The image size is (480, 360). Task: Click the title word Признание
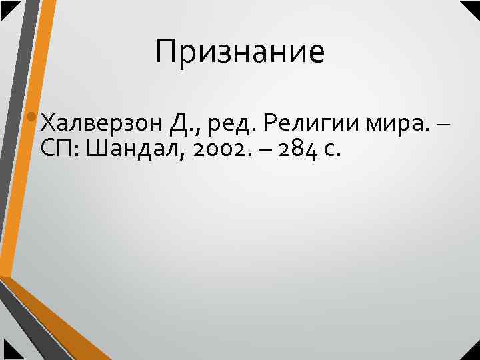240,53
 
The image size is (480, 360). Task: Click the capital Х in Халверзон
48,123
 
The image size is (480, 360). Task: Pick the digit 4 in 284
312,151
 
